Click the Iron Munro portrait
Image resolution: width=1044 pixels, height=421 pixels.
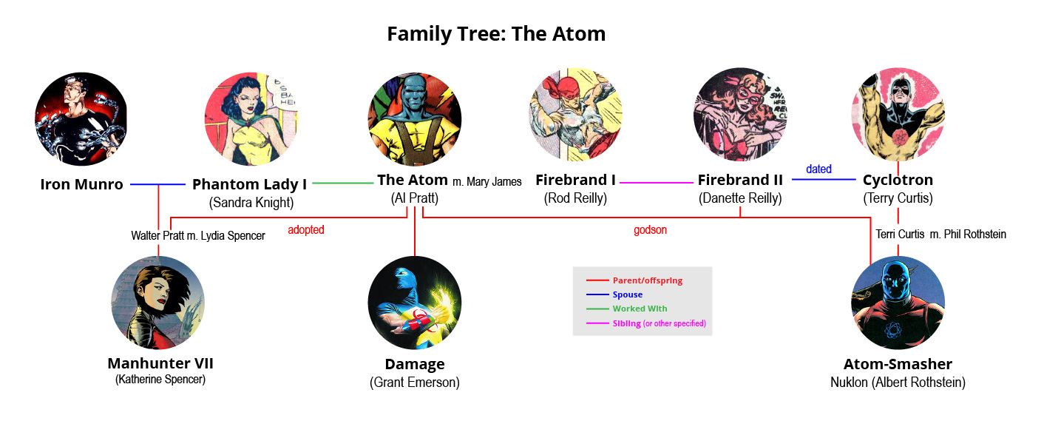click(81, 119)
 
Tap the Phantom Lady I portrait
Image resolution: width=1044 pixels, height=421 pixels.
click(251, 119)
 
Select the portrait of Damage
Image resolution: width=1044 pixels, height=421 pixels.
click(414, 303)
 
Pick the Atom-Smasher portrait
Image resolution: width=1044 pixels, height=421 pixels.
click(898, 303)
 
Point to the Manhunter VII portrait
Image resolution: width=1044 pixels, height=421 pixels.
click(158, 303)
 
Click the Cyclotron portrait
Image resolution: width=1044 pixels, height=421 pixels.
click(898, 115)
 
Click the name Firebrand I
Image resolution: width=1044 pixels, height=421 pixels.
click(575, 180)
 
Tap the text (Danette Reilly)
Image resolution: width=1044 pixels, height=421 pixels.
click(740, 198)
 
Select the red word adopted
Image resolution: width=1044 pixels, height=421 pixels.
click(306, 230)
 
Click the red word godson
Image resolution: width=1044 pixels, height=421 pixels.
click(650, 230)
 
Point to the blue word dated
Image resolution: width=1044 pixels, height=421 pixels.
click(819, 169)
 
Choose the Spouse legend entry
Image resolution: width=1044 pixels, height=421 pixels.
click(614, 294)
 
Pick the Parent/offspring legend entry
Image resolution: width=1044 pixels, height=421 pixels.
click(634, 280)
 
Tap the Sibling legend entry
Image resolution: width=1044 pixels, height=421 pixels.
click(646, 323)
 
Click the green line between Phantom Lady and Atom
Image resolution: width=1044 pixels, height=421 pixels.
click(342, 183)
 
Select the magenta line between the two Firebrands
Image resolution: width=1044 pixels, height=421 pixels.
click(657, 183)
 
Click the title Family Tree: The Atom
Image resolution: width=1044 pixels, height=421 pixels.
click(496, 34)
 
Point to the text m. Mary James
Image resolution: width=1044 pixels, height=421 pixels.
click(487, 182)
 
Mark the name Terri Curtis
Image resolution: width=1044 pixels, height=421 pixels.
click(900, 234)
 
